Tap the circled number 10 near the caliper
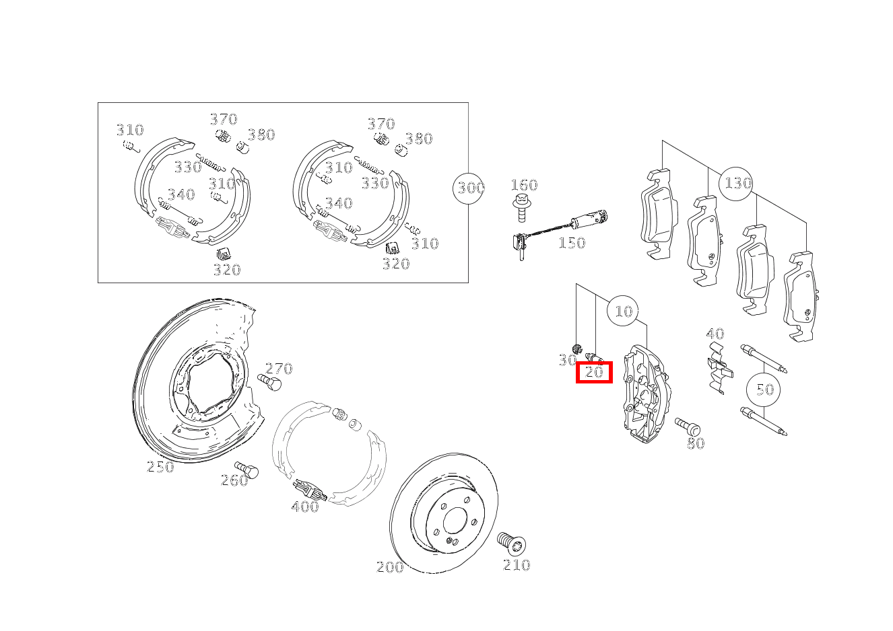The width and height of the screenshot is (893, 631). [624, 311]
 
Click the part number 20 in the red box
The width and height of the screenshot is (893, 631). [594, 372]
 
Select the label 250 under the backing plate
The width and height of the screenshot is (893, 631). [160, 467]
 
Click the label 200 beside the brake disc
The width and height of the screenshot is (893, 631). [390, 567]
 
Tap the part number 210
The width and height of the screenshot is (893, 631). [517, 565]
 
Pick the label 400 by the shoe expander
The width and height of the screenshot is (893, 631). [305, 507]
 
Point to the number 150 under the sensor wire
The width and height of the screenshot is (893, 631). [572, 243]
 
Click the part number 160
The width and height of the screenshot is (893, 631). [524, 185]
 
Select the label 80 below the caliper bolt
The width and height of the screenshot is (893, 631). [696, 443]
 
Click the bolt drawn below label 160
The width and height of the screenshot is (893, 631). [521, 207]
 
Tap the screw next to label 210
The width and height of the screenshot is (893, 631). [511, 544]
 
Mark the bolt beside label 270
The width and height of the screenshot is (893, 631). [269, 382]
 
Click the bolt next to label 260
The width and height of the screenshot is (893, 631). [246, 470]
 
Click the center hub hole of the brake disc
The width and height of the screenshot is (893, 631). [455, 521]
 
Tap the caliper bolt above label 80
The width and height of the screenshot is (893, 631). [688, 426]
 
